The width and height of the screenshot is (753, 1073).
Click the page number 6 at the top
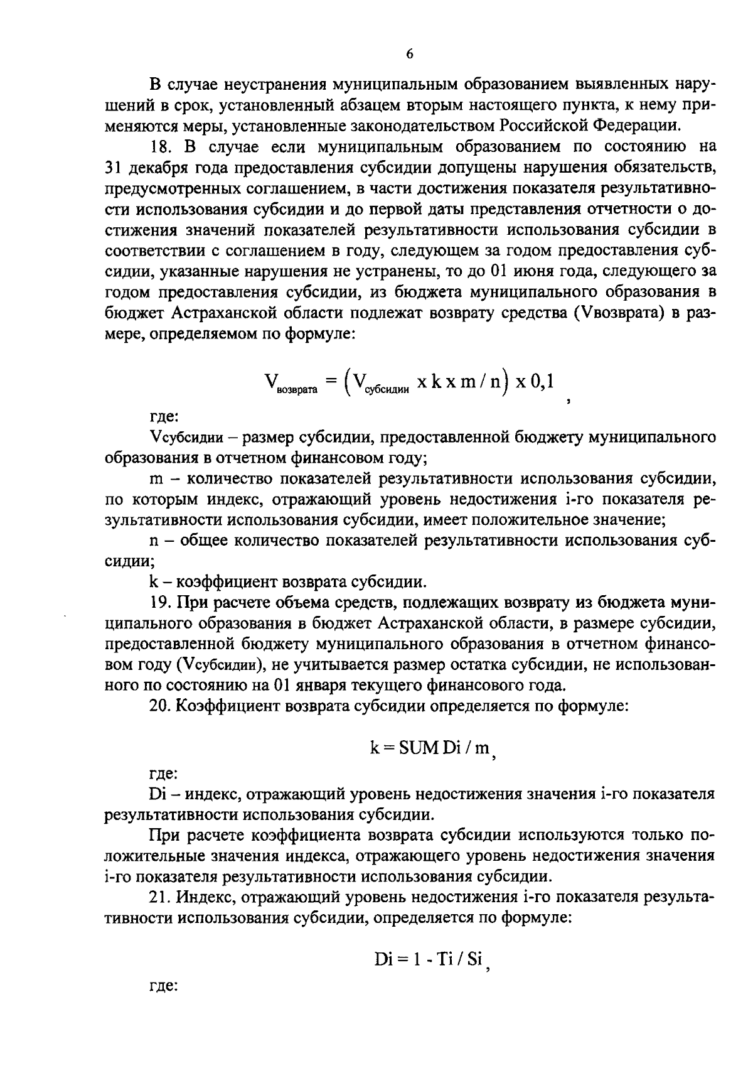pyautogui.click(x=409, y=54)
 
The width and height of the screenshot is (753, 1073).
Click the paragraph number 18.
pyautogui.click(x=161, y=147)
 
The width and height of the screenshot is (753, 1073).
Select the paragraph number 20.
pyautogui.click(x=161, y=705)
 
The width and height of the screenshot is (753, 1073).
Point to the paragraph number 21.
pyautogui.click(x=161, y=896)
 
